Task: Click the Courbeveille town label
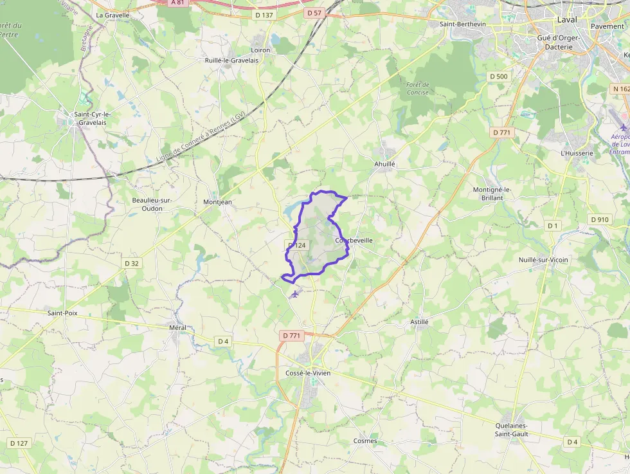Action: [354, 241]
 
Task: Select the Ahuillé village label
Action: [384, 164]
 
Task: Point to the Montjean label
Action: [217, 202]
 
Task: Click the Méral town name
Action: [177, 328]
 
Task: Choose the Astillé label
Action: [419, 322]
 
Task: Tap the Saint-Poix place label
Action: [63, 313]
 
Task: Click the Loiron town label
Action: [260, 50]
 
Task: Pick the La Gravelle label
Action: [113, 15]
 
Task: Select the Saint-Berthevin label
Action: [463, 24]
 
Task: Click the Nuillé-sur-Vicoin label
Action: [544, 260]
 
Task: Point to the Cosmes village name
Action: [365, 441]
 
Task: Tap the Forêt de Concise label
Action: [418, 89]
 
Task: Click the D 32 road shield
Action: [132, 263]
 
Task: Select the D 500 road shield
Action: [498, 77]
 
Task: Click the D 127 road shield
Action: [19, 443]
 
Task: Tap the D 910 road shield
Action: [599, 219]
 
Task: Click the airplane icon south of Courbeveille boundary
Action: [295, 294]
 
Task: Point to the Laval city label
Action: [567, 19]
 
